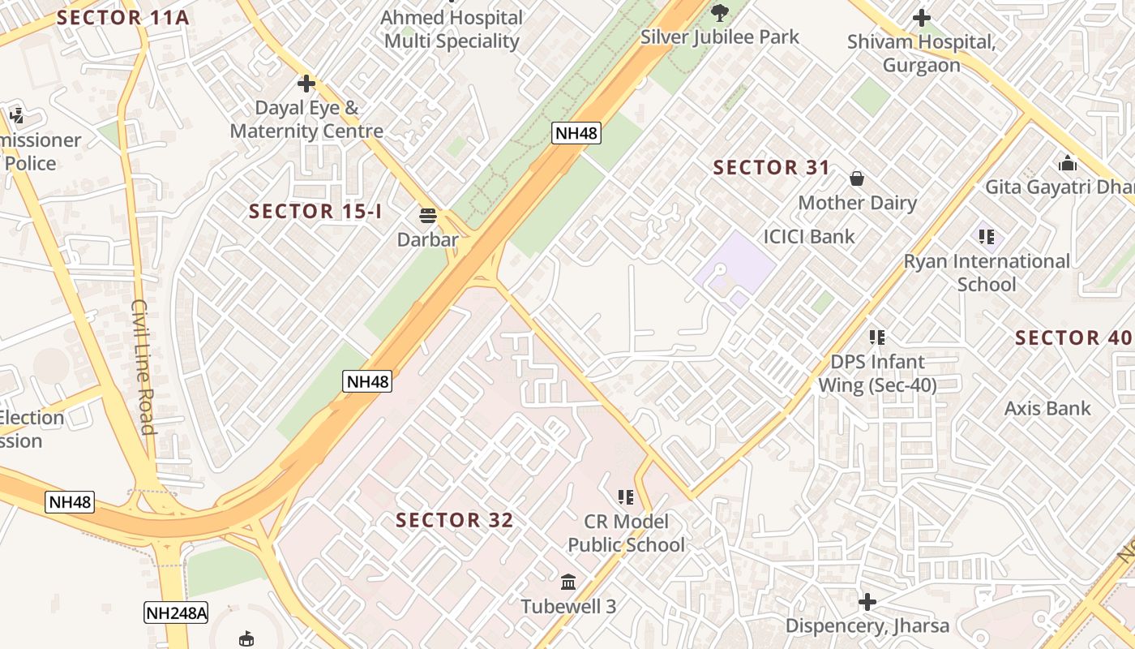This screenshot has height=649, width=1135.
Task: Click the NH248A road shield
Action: (176, 612)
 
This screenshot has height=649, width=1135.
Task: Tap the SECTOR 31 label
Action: (771, 168)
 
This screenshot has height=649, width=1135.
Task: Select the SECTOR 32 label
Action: (455, 520)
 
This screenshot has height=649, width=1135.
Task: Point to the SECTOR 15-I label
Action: (315, 212)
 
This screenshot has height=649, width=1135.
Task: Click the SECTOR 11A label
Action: (122, 18)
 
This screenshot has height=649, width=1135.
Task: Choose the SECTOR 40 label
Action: (1073, 337)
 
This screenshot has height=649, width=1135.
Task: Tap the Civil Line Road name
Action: (143, 367)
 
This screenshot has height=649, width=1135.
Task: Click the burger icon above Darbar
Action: (428, 216)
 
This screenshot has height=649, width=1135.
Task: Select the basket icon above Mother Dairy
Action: (857, 178)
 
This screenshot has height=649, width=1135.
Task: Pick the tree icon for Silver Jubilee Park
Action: (719, 12)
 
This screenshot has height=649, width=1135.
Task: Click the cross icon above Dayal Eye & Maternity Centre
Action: (306, 83)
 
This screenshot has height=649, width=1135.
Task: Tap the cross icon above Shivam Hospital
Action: (921, 17)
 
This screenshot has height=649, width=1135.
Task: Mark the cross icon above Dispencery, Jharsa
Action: (867, 602)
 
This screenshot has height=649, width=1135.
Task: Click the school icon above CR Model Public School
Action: (625, 496)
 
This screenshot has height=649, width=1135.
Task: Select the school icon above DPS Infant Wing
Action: (876, 337)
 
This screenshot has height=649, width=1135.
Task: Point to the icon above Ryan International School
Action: (987, 237)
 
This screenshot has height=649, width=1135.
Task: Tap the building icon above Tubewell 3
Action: (568, 582)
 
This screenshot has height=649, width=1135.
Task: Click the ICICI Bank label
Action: (809, 237)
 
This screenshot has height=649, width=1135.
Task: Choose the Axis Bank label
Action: (1047, 408)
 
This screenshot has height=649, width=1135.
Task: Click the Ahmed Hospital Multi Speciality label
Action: (452, 29)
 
